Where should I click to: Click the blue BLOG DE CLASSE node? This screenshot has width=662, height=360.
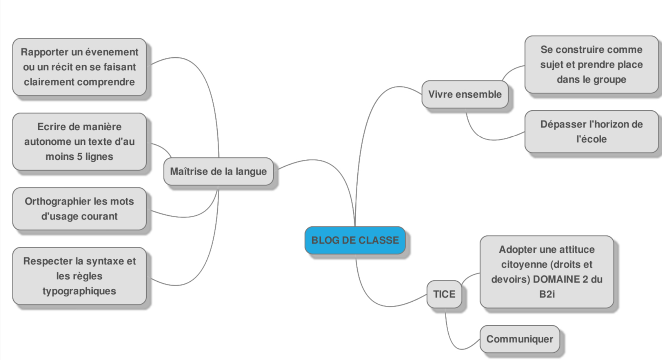coord(355,240)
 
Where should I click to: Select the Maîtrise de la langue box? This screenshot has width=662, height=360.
coord(218,171)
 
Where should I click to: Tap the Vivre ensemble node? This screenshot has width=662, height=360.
coord(465,94)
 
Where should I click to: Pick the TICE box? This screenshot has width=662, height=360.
coord(444,294)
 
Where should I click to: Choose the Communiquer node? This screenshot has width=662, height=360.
coord(520,339)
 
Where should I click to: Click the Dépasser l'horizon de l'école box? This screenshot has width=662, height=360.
coord(591,132)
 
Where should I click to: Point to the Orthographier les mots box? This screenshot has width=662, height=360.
coord(79,209)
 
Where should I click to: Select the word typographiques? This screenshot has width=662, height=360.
coord(79,291)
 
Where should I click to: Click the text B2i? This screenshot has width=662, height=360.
coord(547,294)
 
